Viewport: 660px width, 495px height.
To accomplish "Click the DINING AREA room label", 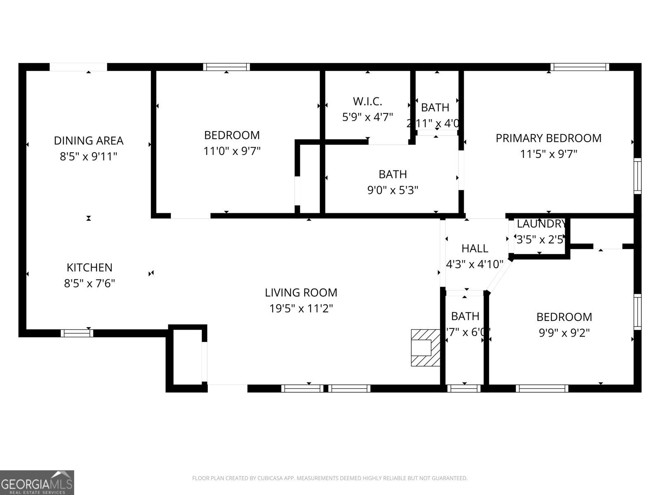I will click(88, 141).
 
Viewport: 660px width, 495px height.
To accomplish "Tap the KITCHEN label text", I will click(89, 268).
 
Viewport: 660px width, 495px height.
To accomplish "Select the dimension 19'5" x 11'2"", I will click(301, 309).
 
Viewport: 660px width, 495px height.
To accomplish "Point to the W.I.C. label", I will click(367, 101).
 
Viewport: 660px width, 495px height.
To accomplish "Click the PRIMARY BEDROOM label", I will click(548, 138).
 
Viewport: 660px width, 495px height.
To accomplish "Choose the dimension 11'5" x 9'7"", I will click(548, 154).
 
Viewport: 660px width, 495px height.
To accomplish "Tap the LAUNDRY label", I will click(541, 224).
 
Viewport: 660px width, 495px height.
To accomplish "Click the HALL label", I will click(475, 248).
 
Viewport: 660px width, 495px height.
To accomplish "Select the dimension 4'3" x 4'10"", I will click(475, 264).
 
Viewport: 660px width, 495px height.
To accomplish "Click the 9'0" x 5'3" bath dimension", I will click(393, 190).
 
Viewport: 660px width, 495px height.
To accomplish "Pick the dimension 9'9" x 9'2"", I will click(564, 332).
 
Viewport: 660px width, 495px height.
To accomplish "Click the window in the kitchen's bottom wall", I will click(77, 333).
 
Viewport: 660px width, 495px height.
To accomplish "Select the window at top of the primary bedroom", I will click(580, 67).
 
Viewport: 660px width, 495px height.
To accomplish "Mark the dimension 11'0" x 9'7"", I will click(232, 151).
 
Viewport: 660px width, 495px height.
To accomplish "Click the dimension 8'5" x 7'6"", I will click(89, 283).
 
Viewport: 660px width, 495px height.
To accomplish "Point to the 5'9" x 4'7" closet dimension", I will click(367, 117).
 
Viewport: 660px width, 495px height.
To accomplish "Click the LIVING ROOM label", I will click(301, 293).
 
